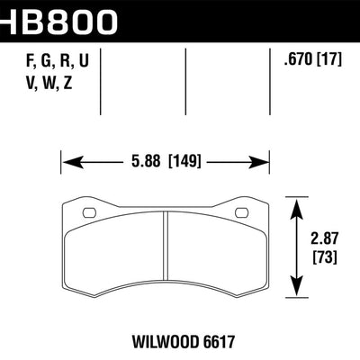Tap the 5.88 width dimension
pyautogui.click(x=146, y=163)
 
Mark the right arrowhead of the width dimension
pyautogui.click(x=264, y=163)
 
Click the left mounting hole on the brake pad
pyautogui.click(x=89, y=213)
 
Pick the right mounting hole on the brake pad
pyautogui.click(x=241, y=213)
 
